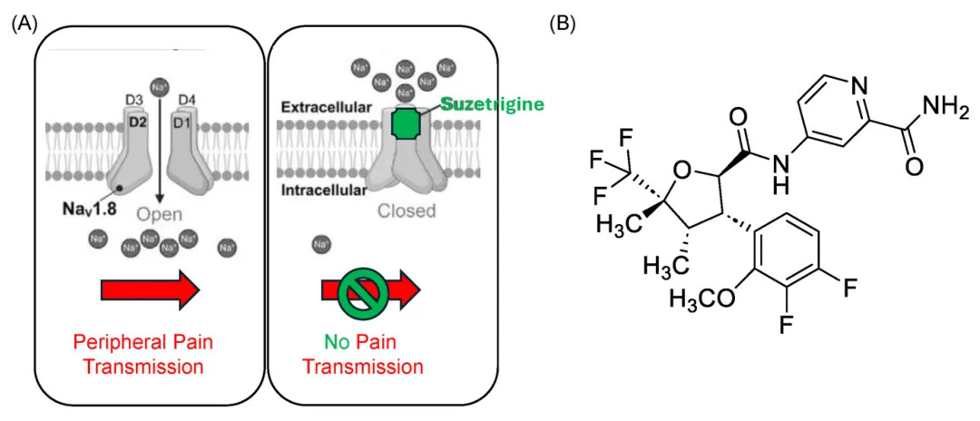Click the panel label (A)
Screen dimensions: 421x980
(x=24, y=24)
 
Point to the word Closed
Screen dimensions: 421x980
(x=407, y=210)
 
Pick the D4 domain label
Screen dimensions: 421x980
(x=188, y=98)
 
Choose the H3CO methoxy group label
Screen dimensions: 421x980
(x=704, y=300)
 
